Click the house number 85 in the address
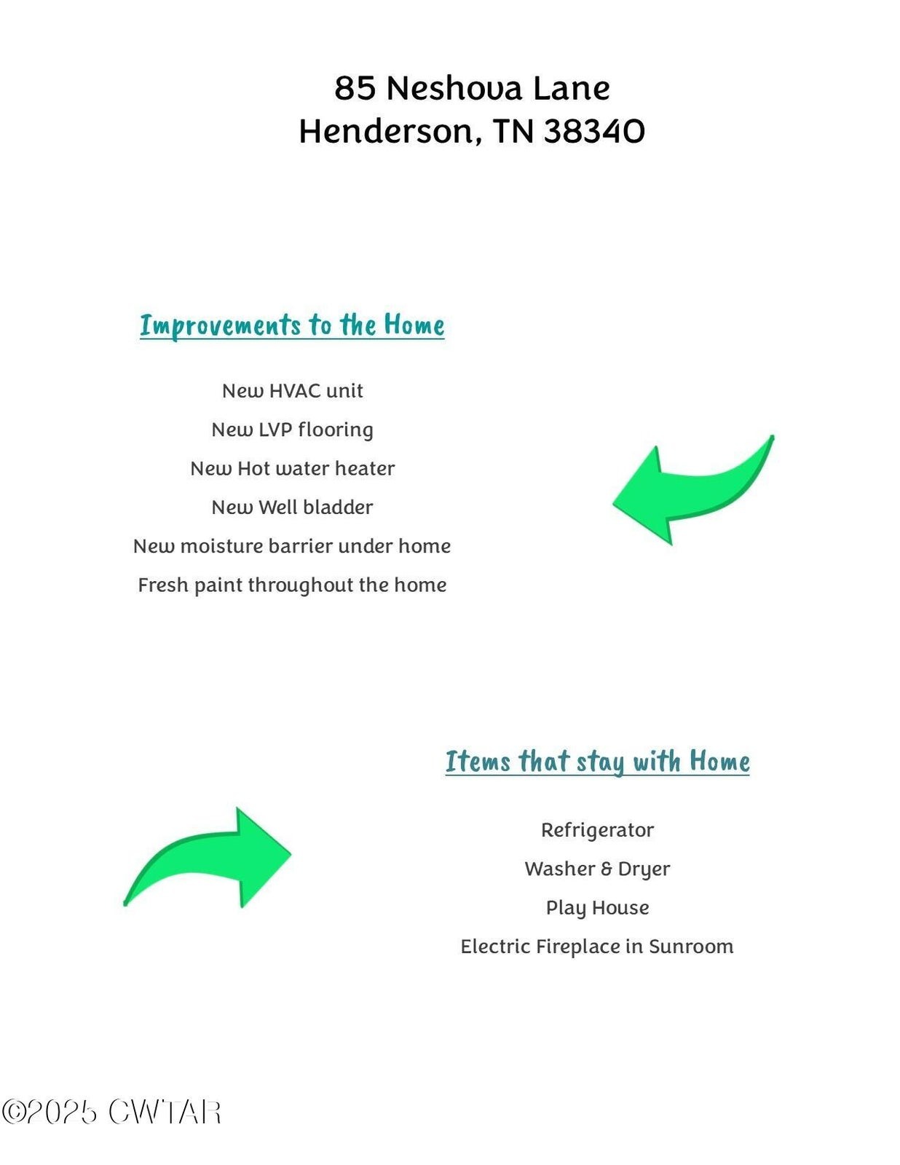pyautogui.click(x=355, y=88)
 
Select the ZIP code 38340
pyautogui.click(x=594, y=131)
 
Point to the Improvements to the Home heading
pyautogui.click(x=292, y=325)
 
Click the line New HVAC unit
pyautogui.click(x=293, y=391)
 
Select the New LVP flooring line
pyautogui.click(x=293, y=430)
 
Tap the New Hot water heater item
pyautogui.click(x=293, y=469)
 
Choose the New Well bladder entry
pyautogui.click(x=293, y=508)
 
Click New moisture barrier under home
pyautogui.click(x=292, y=546)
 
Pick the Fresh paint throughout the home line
pyautogui.click(x=292, y=585)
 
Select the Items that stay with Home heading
pyautogui.click(x=598, y=762)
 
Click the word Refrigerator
pyautogui.click(x=598, y=831)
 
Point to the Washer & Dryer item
pyautogui.click(x=598, y=869)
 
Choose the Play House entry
pyautogui.click(x=598, y=908)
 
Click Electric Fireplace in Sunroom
pyautogui.click(x=597, y=947)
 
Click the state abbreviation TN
pyautogui.click(x=513, y=131)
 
